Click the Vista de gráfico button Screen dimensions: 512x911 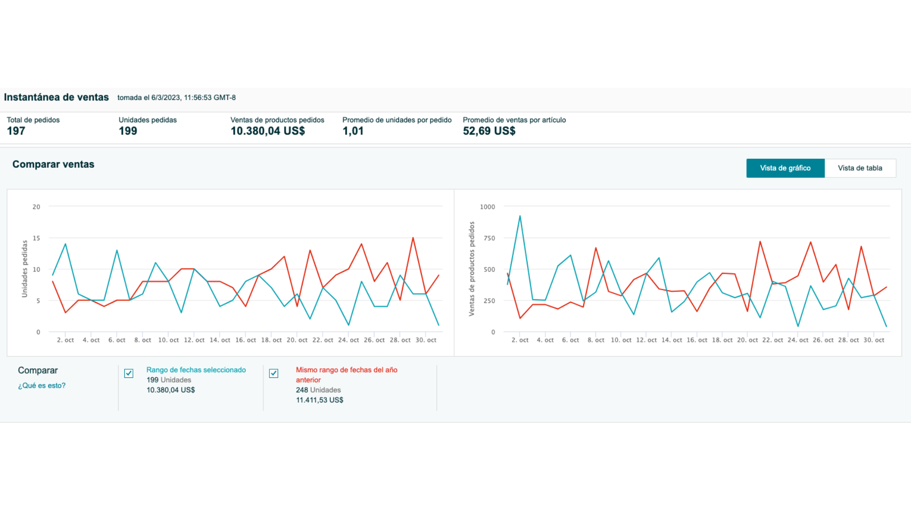click(785, 168)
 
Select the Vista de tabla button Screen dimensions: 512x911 click(860, 168)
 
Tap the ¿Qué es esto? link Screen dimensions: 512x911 click(42, 386)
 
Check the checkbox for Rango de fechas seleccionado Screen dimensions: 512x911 click(129, 373)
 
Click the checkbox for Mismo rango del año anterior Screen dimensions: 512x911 click(274, 373)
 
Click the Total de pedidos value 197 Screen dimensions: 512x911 click(16, 131)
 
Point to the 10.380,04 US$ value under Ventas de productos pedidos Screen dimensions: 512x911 click(268, 131)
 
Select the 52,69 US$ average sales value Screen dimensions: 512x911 click(489, 131)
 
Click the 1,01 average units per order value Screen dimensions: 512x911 click(353, 131)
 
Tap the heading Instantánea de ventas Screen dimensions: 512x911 click(56, 97)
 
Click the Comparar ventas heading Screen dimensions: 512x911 click(54, 164)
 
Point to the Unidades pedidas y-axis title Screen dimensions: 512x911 click(24, 269)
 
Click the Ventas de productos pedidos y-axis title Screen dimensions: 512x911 click(471, 269)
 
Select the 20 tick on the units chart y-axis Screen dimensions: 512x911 click(36, 207)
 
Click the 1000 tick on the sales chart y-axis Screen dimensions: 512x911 click(487, 207)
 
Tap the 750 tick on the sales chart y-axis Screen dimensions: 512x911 click(489, 238)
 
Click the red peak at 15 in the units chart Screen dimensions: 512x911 click(413, 238)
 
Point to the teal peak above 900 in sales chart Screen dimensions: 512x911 click(520, 216)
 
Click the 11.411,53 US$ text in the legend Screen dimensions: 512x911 click(319, 400)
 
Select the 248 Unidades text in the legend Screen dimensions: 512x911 click(318, 390)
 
